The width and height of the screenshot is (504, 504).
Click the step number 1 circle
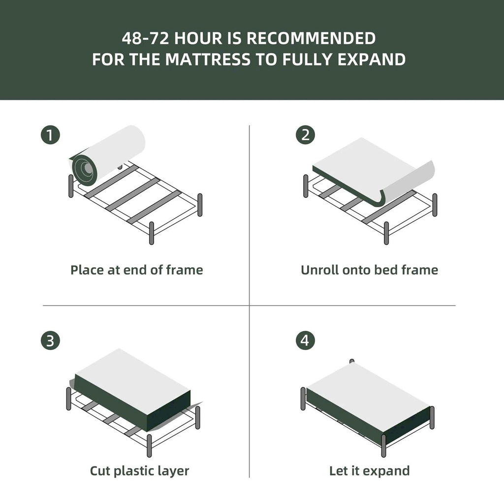[50, 135]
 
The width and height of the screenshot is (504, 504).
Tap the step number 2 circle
[305, 135]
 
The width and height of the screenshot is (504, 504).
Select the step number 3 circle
[50, 341]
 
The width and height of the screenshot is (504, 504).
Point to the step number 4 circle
[305, 341]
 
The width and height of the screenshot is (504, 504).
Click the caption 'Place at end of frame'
[136, 270]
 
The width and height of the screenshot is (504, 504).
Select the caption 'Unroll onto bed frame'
[369, 270]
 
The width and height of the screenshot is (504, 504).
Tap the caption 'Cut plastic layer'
[139, 471]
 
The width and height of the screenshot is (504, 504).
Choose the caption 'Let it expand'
[369, 471]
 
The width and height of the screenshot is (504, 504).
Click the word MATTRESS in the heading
[207, 60]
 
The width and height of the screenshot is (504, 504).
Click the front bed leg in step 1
[152, 232]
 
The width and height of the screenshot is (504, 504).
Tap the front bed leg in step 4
[384, 445]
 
